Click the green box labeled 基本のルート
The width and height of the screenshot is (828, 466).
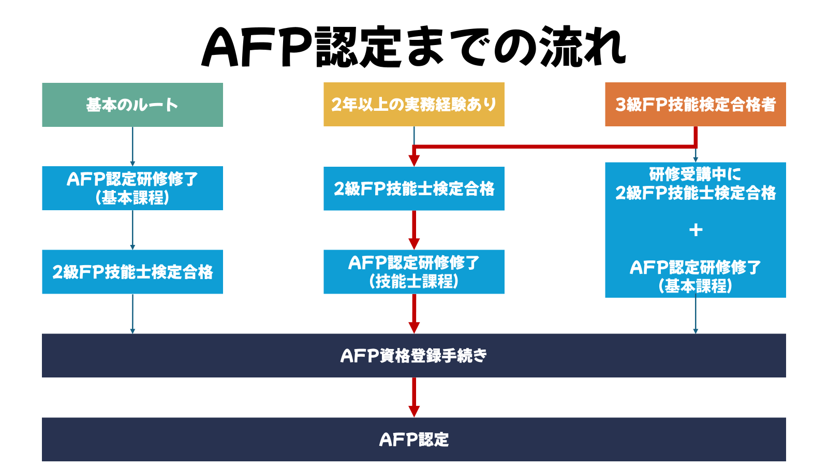coord(132,105)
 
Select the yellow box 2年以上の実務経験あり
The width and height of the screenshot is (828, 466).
coord(414,105)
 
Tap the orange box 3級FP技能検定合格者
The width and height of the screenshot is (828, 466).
coord(696,105)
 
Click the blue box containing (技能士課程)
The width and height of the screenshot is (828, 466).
coord(414,272)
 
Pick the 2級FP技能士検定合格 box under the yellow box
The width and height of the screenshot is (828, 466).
coord(414,188)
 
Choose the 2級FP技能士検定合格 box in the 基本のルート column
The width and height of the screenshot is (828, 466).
coord(132,272)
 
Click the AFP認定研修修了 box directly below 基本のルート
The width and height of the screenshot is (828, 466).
coord(132,188)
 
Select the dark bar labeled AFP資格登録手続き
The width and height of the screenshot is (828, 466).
coord(414,356)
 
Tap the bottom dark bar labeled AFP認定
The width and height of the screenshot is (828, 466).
coord(414,440)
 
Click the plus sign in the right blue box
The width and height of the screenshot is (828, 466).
coord(696,230)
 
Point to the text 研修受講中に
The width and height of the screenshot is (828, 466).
coord(696,174)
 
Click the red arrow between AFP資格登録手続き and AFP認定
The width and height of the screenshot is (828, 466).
coord(414,397)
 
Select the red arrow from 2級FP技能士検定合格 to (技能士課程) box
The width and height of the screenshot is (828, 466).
coord(414,230)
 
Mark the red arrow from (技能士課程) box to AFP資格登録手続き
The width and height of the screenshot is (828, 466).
coord(414,314)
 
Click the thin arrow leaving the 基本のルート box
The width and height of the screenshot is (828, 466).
coord(132,146)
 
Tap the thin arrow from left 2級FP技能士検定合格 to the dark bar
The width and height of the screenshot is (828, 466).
coord(132,314)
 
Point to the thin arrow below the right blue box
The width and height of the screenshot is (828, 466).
coord(696,315)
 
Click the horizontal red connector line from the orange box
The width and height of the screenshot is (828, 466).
coord(554,147)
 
